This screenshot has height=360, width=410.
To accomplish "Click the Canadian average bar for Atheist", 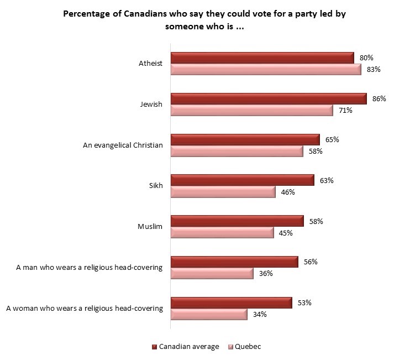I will coord(262,58).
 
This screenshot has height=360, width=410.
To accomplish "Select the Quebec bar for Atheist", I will coord(266,70).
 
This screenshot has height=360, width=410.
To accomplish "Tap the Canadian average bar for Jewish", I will coord(269,98).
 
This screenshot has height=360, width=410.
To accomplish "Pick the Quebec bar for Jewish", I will coord(252,111).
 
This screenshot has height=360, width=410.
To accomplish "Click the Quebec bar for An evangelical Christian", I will coord(237,152).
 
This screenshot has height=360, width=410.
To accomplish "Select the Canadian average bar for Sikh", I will coord(243,180).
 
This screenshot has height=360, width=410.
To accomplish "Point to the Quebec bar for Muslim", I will coord(222,233).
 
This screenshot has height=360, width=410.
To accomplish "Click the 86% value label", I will coord(379,98).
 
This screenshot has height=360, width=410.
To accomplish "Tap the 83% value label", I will coord(374,70).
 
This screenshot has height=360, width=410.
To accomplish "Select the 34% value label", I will coord(260,315).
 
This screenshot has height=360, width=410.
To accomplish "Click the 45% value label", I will coord(286,233).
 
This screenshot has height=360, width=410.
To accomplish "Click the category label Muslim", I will coord(150,227).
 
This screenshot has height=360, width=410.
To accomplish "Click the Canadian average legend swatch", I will coord(154,347).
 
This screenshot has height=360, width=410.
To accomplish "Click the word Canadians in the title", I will coord(145,15).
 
